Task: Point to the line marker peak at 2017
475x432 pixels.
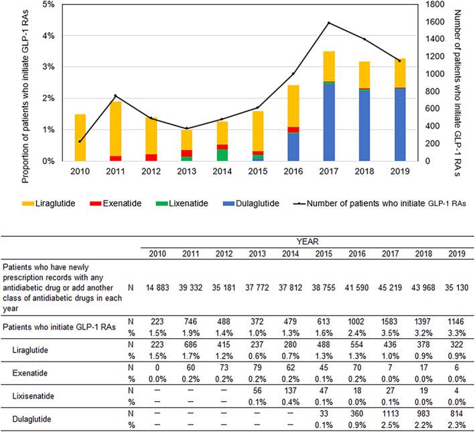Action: tap(329, 23)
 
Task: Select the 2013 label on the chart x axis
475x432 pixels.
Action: tap(187, 169)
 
